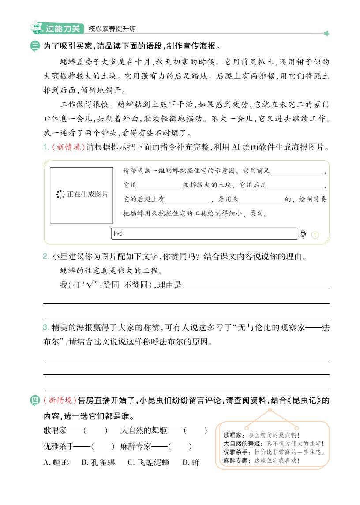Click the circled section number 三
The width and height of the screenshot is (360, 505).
[x=35, y=46]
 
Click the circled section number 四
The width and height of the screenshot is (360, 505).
[x=35, y=400]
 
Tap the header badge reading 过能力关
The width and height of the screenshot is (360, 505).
[x=63, y=29]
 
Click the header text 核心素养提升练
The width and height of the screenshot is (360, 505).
[x=112, y=29]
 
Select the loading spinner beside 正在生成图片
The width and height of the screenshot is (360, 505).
[x=60, y=195]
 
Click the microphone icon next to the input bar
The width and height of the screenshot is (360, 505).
[x=303, y=234]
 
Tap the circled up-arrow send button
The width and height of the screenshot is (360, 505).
[x=315, y=235]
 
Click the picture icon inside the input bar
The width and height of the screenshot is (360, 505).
[x=118, y=234]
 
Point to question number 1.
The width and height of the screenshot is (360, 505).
[x=46, y=147]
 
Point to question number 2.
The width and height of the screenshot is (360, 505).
[x=46, y=256]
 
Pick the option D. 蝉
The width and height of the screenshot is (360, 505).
[x=191, y=462]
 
